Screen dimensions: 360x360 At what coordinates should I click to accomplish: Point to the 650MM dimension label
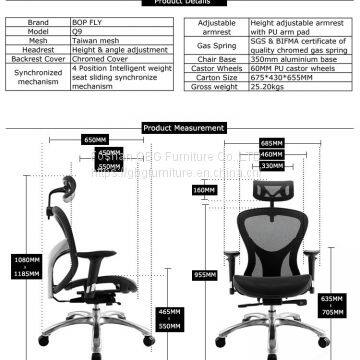pyautogui.click(x=95, y=140)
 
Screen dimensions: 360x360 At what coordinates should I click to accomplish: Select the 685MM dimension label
pyautogui.click(x=271, y=143)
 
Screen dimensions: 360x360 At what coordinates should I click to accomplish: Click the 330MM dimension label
pyautogui.click(x=271, y=165)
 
